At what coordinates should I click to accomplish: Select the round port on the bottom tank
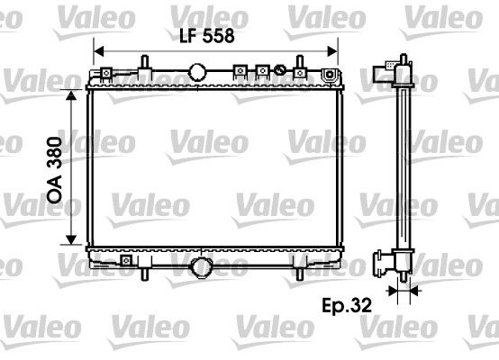202,266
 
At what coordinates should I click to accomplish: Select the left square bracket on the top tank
240,69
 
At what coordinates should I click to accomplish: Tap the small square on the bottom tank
124,263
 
